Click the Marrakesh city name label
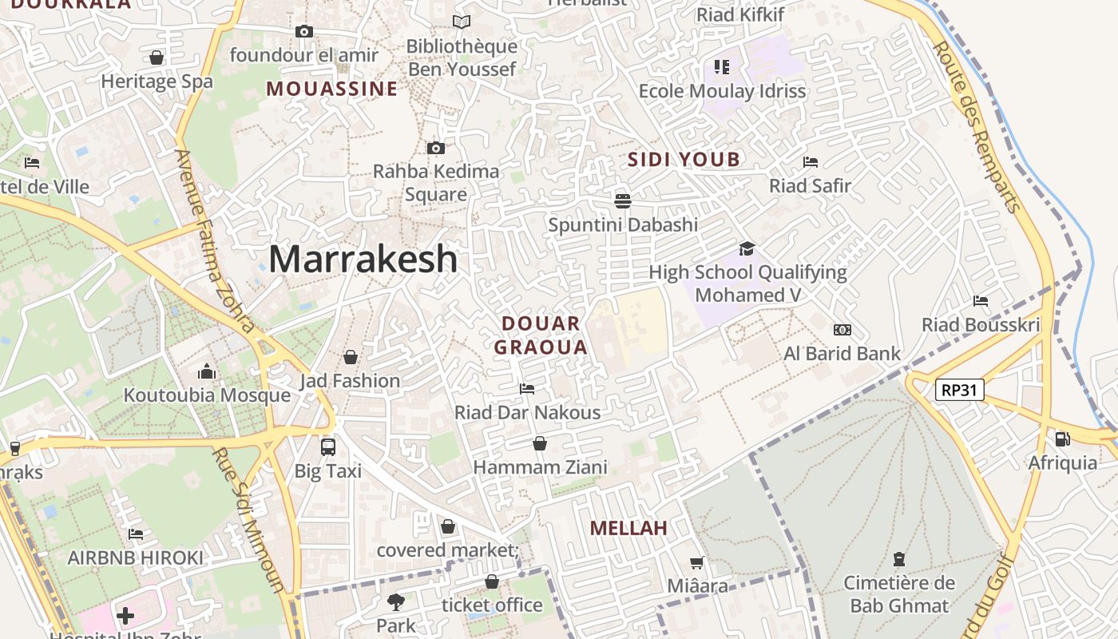pyautogui.click(x=363, y=260)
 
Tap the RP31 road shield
pyautogui.click(x=960, y=390)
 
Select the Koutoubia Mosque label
pyautogui.click(x=207, y=395)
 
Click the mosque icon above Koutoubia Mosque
pyautogui.click(x=207, y=371)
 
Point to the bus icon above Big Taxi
pyautogui.click(x=328, y=447)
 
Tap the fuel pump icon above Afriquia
pyautogui.click(x=1062, y=439)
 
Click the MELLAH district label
pyautogui.click(x=628, y=528)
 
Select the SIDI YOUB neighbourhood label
pyautogui.click(x=684, y=160)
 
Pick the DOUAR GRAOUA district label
pyautogui.click(x=541, y=335)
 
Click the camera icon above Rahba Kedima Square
pyautogui.click(x=435, y=148)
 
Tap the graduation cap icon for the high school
pyautogui.click(x=747, y=248)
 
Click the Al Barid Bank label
pyautogui.click(x=842, y=353)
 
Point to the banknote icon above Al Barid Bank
pyautogui.click(x=842, y=330)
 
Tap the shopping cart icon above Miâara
pyautogui.click(x=697, y=563)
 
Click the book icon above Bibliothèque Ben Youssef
pyautogui.click(x=462, y=22)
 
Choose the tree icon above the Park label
pyautogui.click(x=395, y=601)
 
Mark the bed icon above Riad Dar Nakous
pyautogui.click(x=527, y=389)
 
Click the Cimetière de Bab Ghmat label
pyautogui.click(x=899, y=593)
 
